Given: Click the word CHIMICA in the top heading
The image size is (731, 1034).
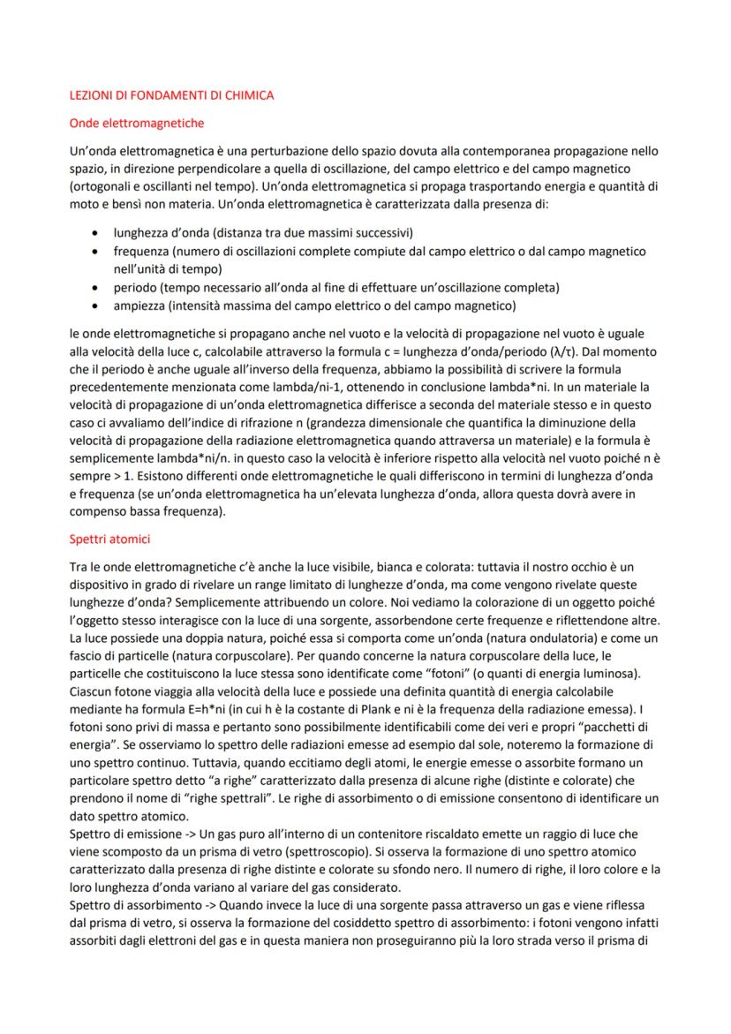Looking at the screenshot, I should coord(250,95).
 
